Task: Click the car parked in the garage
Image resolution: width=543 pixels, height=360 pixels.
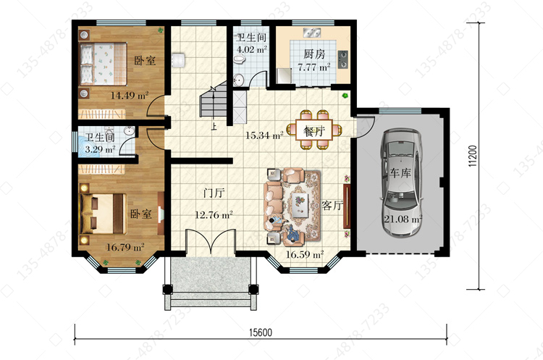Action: [x=402, y=183]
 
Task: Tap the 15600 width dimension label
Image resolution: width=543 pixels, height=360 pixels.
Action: [x=261, y=332]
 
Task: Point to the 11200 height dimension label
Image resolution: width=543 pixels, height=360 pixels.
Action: [x=473, y=156]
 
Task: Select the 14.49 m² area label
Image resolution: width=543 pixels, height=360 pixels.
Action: [x=130, y=96]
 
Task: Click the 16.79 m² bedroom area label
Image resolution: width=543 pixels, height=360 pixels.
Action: [x=125, y=248]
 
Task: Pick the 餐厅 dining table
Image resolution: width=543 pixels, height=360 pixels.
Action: [x=314, y=130]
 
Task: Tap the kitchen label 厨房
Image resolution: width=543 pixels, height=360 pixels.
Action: [x=314, y=54]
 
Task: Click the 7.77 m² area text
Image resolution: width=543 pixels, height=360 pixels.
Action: [x=314, y=67]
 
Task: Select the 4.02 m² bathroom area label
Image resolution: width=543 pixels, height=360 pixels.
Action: [x=251, y=49]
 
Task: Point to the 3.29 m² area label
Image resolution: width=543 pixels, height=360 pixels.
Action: [x=100, y=150]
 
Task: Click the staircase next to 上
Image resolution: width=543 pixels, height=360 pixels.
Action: [x=213, y=101]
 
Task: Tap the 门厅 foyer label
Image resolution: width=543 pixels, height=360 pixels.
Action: [x=214, y=193]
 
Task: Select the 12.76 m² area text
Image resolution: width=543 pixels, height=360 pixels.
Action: [x=214, y=215]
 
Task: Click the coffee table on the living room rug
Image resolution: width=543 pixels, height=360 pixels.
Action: [x=300, y=204]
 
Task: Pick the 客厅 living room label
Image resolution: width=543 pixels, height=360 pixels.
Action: [x=332, y=206]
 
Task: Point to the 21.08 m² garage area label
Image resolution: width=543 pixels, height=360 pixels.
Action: [x=403, y=219]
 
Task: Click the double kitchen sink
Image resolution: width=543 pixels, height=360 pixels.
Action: [x=312, y=33]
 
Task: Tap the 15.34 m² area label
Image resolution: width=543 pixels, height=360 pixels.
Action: [x=264, y=135]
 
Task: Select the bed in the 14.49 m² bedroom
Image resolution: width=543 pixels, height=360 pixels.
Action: [x=104, y=64]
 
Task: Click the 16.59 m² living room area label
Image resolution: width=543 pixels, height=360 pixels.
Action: [x=304, y=255]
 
